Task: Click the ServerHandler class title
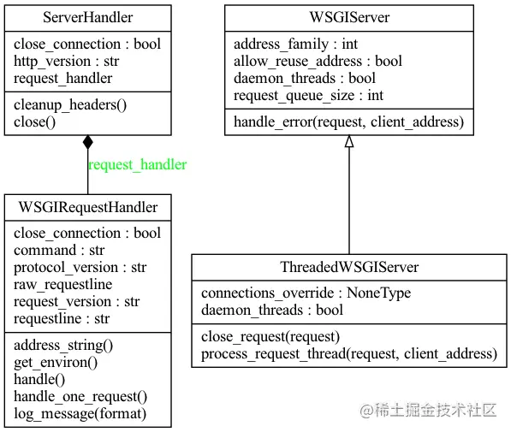pyautogui.click(x=87, y=18)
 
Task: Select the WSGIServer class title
pyautogui.click(x=349, y=18)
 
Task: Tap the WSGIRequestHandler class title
pyautogui.click(x=87, y=208)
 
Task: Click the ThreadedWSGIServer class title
pyautogui.click(x=349, y=267)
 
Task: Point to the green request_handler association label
pyautogui.click(x=137, y=164)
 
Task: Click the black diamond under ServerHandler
pyautogui.click(x=87, y=144)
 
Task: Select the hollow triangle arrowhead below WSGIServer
pyautogui.click(x=349, y=142)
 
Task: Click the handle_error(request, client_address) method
pyautogui.click(x=348, y=122)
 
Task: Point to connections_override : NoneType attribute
pyautogui.click(x=306, y=293)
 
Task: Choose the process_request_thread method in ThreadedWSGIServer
pyautogui.click(x=348, y=353)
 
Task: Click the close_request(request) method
pyautogui.click(x=270, y=336)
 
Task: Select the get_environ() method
pyautogui.click(x=56, y=362)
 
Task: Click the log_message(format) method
pyautogui.click(x=80, y=413)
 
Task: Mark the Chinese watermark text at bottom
pyautogui.click(x=428, y=410)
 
